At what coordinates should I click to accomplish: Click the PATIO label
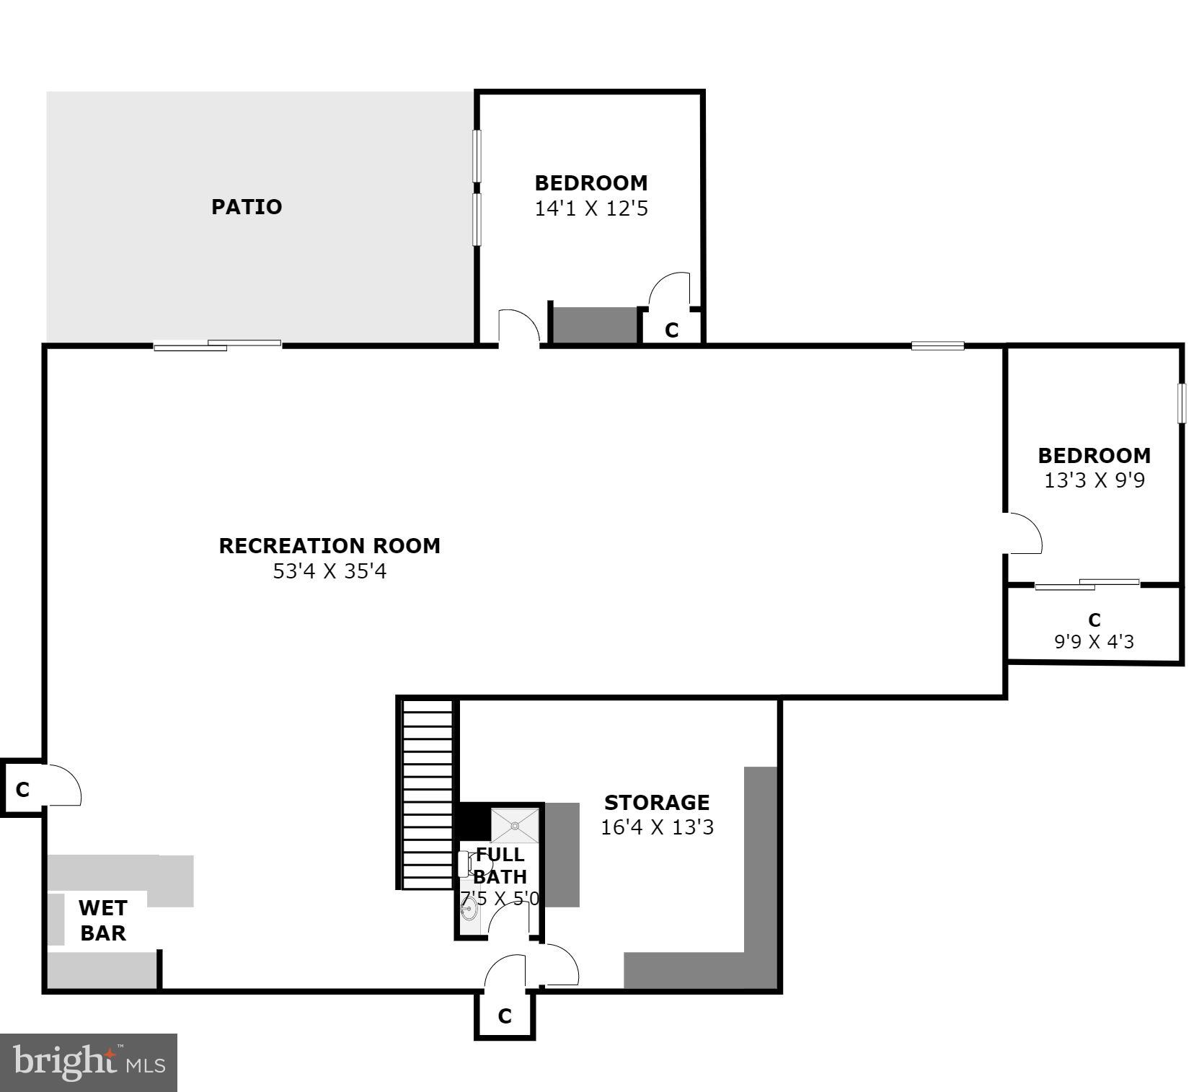point(247,207)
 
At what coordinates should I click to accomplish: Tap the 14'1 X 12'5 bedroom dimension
point(590,209)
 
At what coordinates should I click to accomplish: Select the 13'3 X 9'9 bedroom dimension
point(1094,481)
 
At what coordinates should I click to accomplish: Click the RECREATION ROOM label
point(329,546)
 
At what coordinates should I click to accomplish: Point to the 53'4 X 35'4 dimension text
point(329,572)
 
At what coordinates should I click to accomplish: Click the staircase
point(427,793)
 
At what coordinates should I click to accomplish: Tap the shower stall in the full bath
point(515,825)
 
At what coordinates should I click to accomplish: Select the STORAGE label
point(656,803)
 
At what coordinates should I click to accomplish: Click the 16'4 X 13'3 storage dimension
point(656,827)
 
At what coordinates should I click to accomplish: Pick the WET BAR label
point(102,920)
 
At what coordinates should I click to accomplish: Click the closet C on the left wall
point(22,790)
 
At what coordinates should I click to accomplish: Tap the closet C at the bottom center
point(505,1016)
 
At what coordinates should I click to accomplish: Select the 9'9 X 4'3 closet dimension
point(1094,641)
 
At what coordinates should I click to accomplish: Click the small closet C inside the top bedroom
point(671,330)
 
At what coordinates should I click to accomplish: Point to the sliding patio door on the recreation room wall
point(217,345)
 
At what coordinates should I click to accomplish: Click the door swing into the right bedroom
point(1024,534)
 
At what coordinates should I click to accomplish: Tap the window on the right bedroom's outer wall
point(1181,403)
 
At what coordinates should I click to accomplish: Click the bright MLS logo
point(89,1062)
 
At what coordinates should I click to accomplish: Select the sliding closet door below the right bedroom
point(1087,584)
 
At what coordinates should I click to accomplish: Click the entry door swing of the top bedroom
point(518,327)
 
